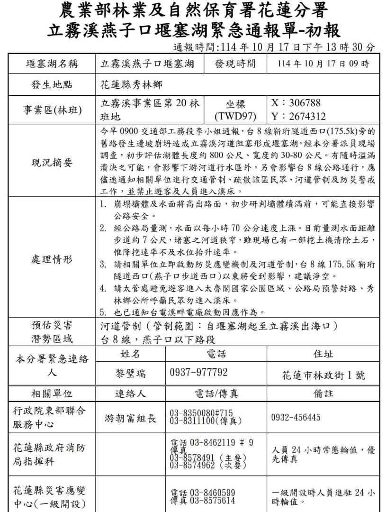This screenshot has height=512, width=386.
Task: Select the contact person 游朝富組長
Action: point(130,418)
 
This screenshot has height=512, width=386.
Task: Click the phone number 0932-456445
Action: point(295,418)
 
